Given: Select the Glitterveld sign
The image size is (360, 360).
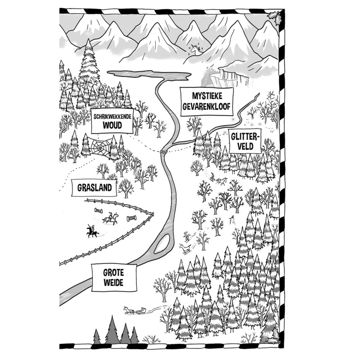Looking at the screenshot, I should click(x=243, y=141).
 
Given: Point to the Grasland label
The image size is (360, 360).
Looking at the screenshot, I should click(x=94, y=188).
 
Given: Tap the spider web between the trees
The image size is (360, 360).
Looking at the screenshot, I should click(x=99, y=147).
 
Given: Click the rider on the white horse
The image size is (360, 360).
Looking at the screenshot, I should click(x=110, y=219).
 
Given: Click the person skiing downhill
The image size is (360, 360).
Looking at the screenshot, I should click(x=186, y=236).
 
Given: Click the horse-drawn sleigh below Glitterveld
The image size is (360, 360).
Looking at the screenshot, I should click(x=217, y=179).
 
